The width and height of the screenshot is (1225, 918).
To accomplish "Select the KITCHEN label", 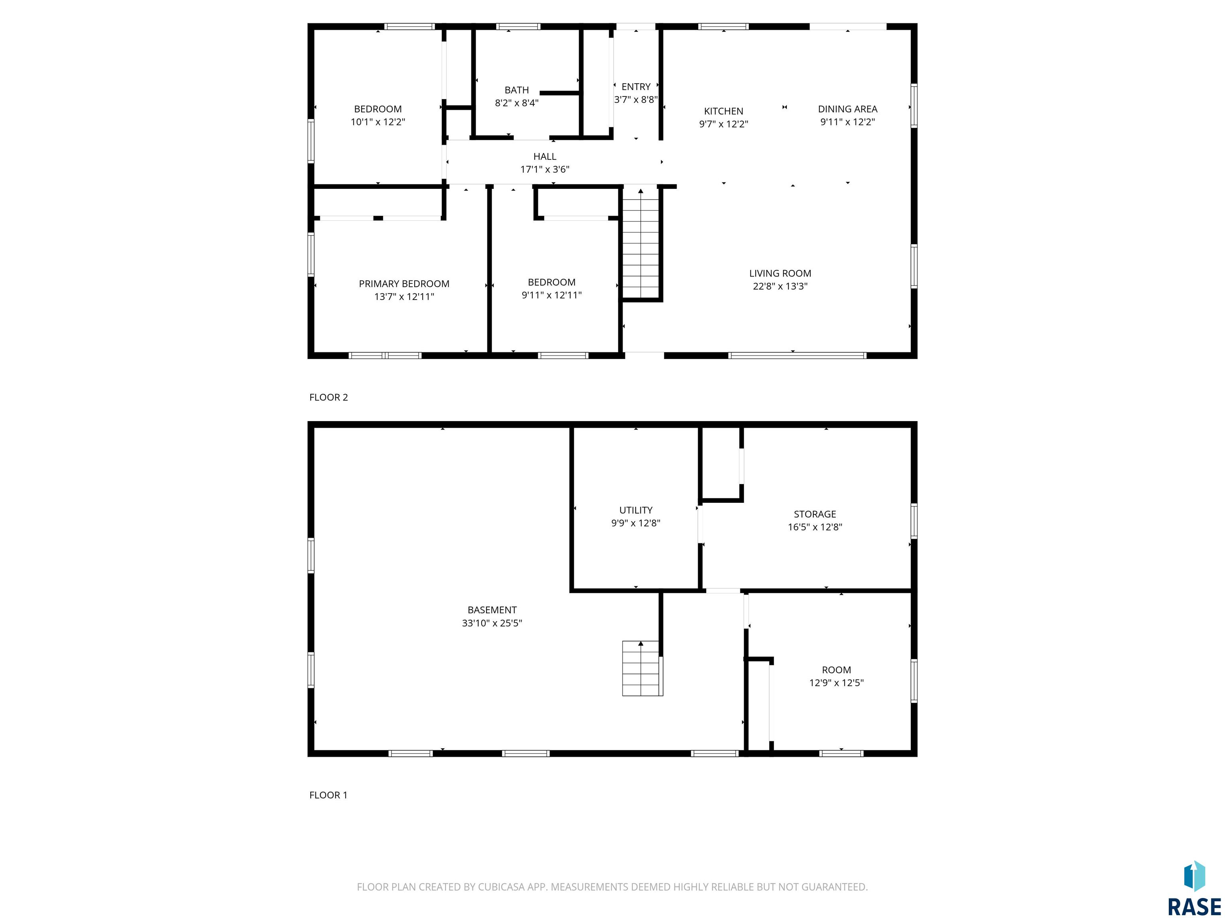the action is click(723, 111).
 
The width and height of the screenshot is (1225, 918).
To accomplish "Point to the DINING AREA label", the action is click(847, 109).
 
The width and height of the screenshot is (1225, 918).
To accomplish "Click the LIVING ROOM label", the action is click(780, 273).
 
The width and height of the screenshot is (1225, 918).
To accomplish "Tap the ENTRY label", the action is click(636, 87).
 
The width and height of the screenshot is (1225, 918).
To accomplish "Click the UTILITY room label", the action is click(635, 510).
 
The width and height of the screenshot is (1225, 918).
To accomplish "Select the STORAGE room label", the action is click(815, 514).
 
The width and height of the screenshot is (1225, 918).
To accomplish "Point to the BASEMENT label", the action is click(492, 610).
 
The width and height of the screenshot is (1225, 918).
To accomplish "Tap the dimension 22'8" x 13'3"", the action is click(780, 286).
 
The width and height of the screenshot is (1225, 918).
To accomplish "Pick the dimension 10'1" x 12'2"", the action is click(378, 122).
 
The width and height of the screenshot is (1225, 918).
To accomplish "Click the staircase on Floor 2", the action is click(641, 243).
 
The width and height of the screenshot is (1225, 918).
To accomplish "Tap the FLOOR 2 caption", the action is click(329, 397).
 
